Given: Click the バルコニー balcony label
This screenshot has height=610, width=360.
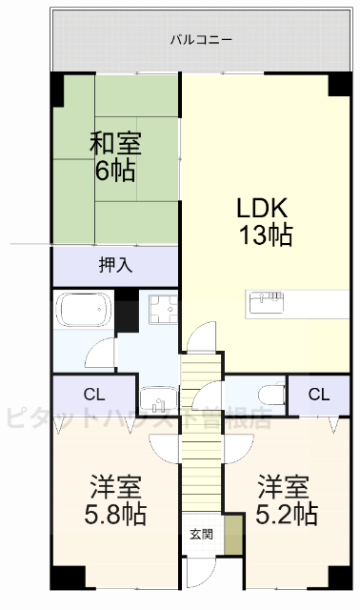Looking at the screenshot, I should point(201,39).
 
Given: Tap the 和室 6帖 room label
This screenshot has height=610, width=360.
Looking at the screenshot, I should point(115,157).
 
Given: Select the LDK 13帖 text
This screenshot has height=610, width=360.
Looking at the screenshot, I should point(263,221).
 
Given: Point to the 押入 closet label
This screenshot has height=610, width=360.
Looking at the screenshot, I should point(115,264).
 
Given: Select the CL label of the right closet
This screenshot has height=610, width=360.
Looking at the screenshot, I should point(318,394).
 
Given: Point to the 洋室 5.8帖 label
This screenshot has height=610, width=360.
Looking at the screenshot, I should point(115,501).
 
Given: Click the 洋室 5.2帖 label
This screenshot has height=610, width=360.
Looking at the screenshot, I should point(286,501).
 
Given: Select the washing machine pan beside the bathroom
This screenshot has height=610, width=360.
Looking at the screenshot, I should point(163,310).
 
